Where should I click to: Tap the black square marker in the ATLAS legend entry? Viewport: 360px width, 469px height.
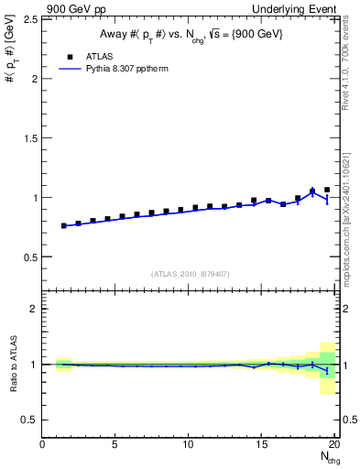(x=70, y=56)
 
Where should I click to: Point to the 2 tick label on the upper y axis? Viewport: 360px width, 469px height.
(x=34, y=78)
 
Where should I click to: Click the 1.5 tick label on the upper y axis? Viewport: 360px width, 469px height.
(x=29, y=137)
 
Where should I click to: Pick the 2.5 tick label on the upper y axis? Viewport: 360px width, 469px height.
(x=29, y=19)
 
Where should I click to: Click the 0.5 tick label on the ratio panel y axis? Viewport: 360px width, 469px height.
(x=29, y=420)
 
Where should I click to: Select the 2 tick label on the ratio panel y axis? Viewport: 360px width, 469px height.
(x=34, y=309)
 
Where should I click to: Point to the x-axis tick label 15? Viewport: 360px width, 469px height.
(x=262, y=444)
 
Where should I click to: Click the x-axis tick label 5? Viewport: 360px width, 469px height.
(x=115, y=444)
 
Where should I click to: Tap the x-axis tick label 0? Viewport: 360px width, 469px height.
(x=43, y=444)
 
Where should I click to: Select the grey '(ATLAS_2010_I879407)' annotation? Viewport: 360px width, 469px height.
(x=190, y=274)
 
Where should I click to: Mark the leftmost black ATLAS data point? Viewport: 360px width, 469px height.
(x=64, y=225)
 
